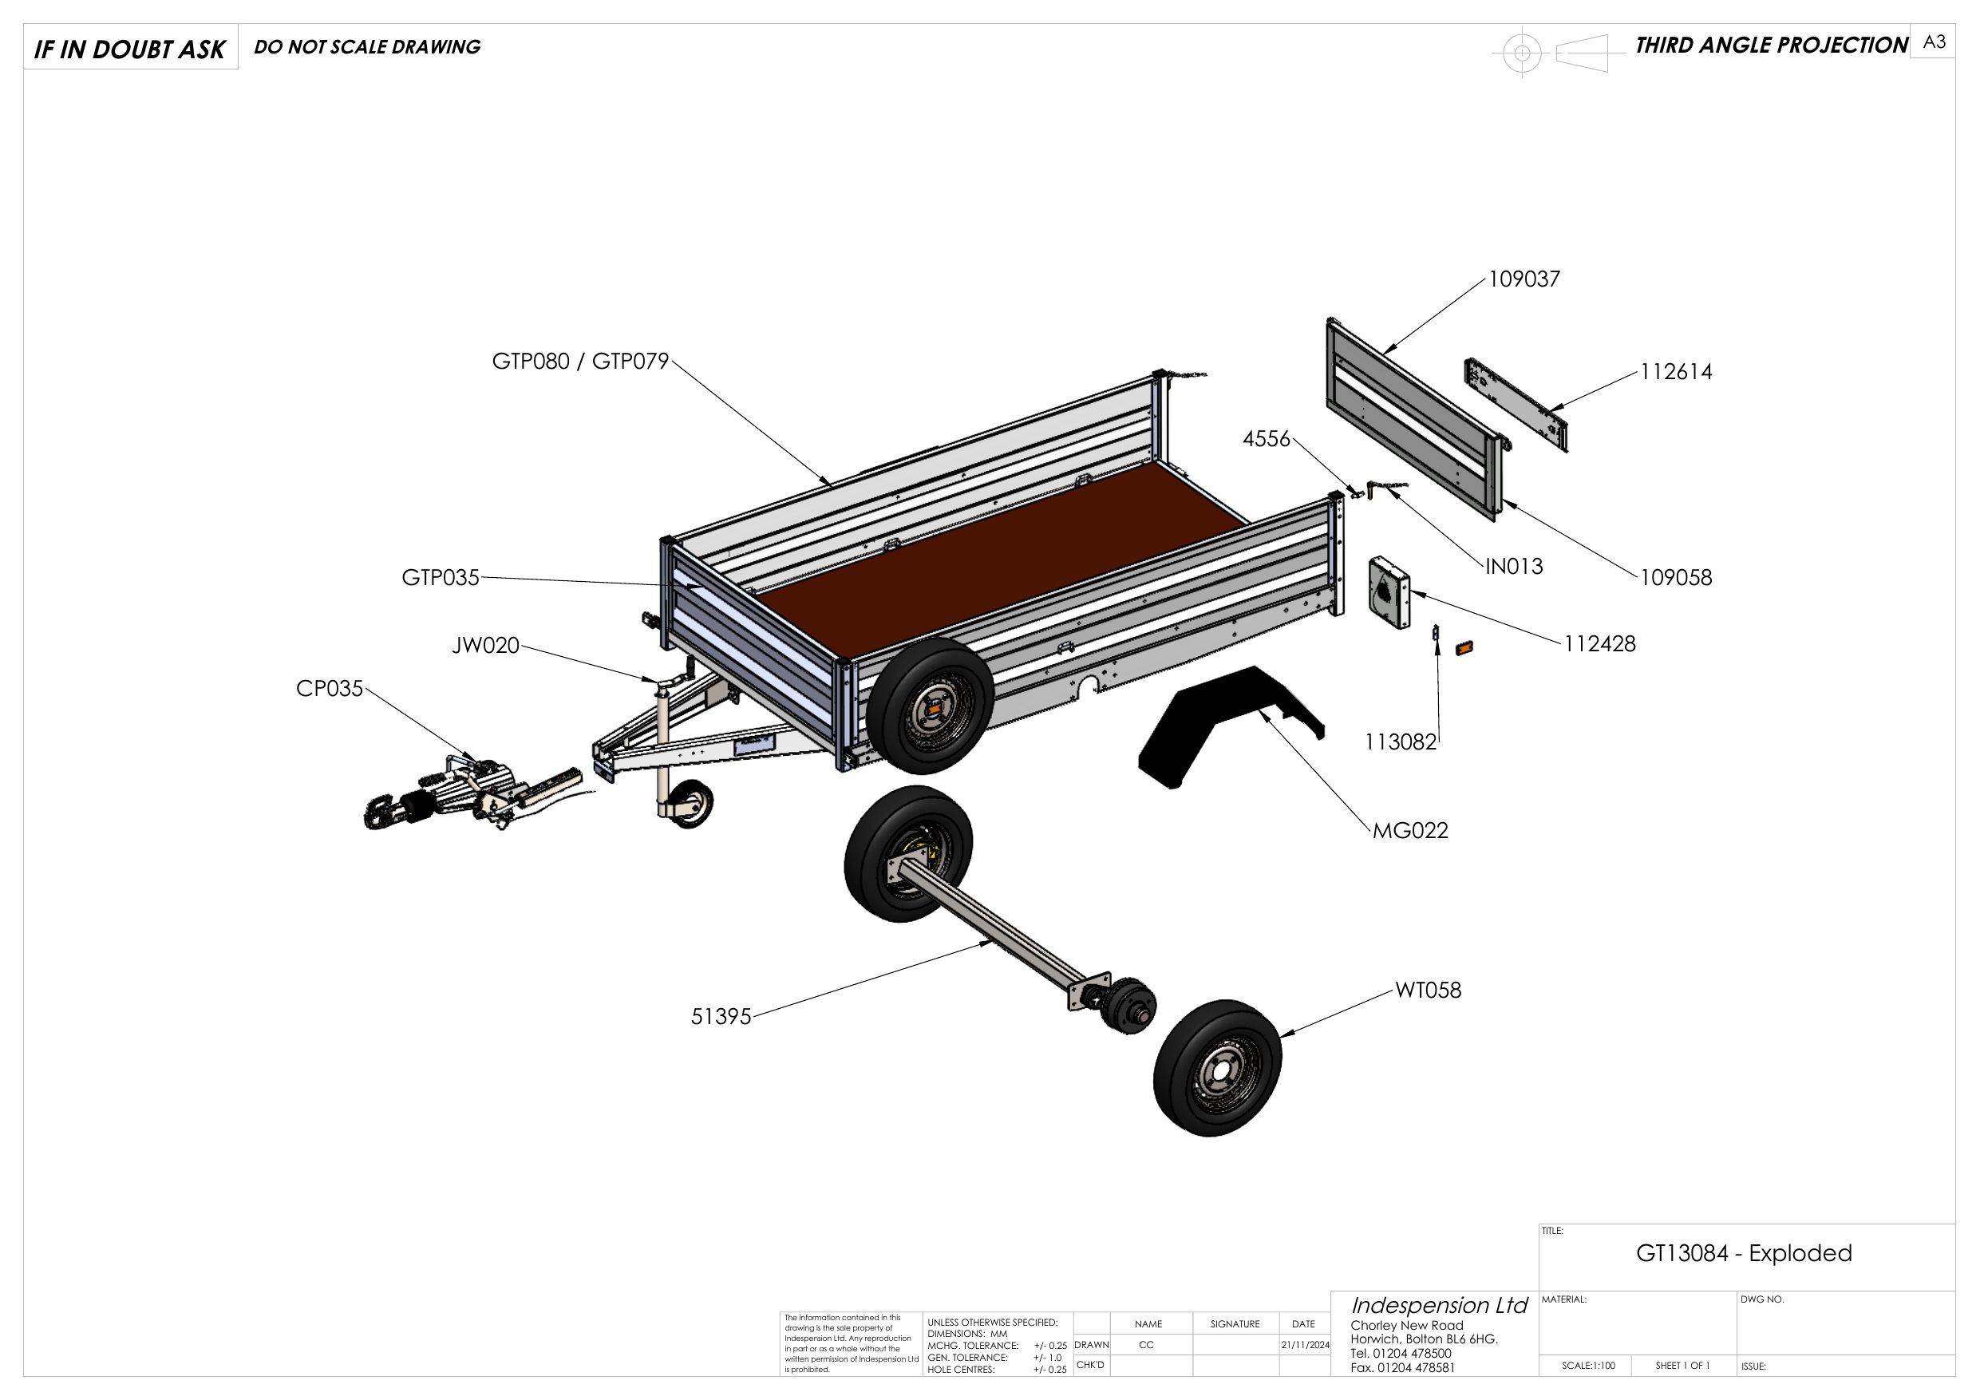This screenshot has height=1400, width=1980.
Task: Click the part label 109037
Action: click(1524, 279)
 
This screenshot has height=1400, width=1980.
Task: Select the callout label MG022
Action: click(1410, 831)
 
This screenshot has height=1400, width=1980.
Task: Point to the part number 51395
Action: click(721, 1017)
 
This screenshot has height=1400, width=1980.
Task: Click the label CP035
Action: click(330, 689)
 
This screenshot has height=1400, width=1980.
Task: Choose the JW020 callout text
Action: click(485, 645)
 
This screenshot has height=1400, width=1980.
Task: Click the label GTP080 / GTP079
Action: click(580, 362)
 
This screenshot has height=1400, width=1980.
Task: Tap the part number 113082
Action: click(1401, 742)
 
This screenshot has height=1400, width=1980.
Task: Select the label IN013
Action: click(1513, 567)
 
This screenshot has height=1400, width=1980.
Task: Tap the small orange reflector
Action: click(1464, 647)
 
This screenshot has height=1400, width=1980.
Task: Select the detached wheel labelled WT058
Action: click(1217, 1068)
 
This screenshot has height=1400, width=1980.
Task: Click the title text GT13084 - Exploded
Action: click(1744, 1253)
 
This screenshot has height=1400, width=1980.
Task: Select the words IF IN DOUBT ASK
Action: click(129, 50)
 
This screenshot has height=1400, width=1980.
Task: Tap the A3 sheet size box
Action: click(1934, 42)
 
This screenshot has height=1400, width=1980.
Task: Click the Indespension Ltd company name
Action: click(1438, 1305)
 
